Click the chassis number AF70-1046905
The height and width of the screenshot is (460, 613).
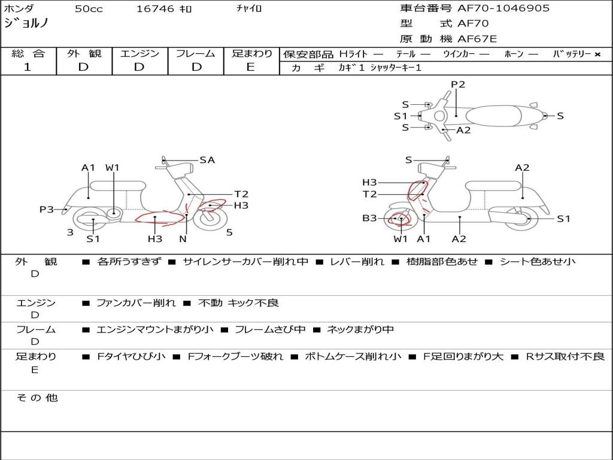[x=503, y=8]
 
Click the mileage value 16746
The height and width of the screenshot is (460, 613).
[x=155, y=8]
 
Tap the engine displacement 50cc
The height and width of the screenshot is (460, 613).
[x=89, y=8]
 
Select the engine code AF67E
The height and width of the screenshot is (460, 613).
[x=477, y=39]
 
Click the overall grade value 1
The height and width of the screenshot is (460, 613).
[x=28, y=67]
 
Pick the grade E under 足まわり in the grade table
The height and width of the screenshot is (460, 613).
[x=250, y=67]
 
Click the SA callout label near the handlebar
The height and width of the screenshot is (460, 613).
[x=207, y=160]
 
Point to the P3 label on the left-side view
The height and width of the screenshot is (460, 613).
[x=47, y=210]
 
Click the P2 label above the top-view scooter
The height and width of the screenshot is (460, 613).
[x=458, y=84]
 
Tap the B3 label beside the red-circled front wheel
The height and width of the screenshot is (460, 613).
[x=369, y=218]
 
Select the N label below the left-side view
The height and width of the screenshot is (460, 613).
[x=183, y=238]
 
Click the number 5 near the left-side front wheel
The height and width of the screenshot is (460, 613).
[x=229, y=233]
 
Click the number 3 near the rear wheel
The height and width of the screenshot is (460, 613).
[x=70, y=233]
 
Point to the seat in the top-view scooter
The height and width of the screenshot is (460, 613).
[x=493, y=116]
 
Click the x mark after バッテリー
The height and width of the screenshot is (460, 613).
[x=597, y=55]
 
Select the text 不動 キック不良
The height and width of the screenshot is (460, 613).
[x=238, y=302]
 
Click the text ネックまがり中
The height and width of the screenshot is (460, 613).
[x=360, y=329]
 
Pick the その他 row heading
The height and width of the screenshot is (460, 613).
[x=37, y=398]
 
